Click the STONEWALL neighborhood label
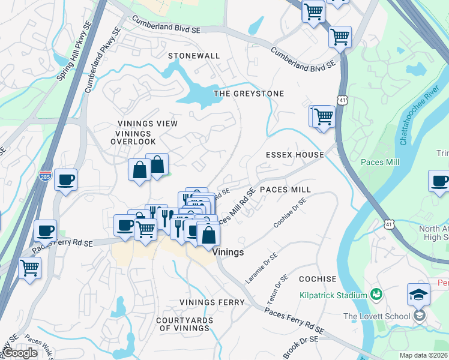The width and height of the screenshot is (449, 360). (x=194, y=56)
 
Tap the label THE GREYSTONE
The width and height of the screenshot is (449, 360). (x=249, y=94)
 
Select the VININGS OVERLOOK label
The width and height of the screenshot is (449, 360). (x=133, y=142)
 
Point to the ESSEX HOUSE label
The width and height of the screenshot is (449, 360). (x=295, y=155)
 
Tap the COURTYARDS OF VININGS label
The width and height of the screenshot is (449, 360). (x=184, y=324)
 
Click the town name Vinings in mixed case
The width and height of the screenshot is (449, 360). (x=228, y=253)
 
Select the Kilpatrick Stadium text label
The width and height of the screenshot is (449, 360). (x=333, y=295)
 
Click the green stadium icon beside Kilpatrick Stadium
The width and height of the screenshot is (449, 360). (x=376, y=294)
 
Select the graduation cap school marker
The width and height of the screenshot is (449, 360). (x=418, y=295)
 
